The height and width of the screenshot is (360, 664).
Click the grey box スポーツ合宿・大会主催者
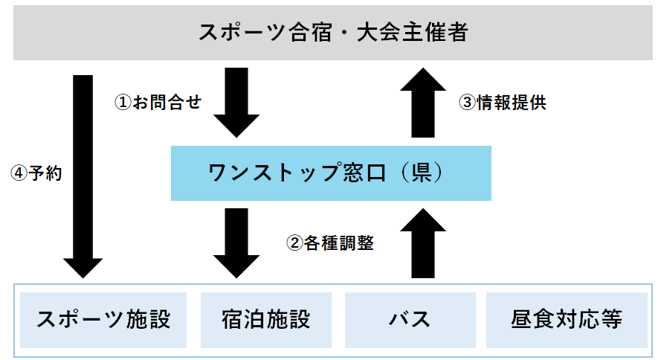(332, 33)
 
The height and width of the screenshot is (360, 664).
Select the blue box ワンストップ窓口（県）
(331, 173)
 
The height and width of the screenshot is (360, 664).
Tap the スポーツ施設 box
(104, 320)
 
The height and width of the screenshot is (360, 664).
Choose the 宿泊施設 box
(265, 320)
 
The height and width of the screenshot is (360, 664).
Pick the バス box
(410, 320)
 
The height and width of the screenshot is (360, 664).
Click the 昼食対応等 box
(567, 320)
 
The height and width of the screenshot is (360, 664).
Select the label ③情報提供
(503, 103)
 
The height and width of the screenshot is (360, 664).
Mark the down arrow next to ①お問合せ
(236, 101)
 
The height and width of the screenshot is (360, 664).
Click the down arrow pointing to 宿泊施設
(236, 242)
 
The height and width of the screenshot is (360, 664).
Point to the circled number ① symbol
(122, 103)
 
